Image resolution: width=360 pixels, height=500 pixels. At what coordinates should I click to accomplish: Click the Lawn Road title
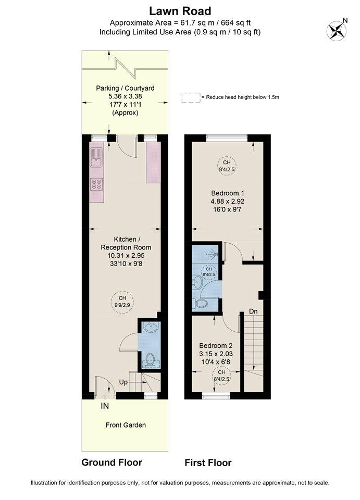tap(180, 11)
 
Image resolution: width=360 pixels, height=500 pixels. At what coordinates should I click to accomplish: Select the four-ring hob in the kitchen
tap(96, 184)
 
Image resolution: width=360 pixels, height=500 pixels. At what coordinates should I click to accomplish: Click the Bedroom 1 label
tap(228, 193)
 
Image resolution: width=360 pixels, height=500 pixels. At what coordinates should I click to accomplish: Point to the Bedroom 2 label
tap(216, 346)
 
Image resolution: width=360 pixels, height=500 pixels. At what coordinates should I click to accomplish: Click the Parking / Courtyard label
tap(126, 88)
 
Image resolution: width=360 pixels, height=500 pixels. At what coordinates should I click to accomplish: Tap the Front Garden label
tap(126, 425)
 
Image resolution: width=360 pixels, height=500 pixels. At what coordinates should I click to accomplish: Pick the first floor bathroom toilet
tap(200, 303)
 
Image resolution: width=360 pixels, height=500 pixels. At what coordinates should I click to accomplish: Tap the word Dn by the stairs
tap(253, 311)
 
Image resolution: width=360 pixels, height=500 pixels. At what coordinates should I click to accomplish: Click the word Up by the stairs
tap(123, 382)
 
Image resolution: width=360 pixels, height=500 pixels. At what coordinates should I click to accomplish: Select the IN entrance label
tap(105, 406)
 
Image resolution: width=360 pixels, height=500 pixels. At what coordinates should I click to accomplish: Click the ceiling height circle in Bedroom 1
tap(227, 166)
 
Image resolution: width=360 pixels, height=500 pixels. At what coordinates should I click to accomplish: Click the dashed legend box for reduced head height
tap(191, 97)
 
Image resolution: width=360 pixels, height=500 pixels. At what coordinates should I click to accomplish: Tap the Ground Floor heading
tap(112, 463)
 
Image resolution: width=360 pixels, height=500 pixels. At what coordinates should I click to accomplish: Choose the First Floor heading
tap(208, 463)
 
